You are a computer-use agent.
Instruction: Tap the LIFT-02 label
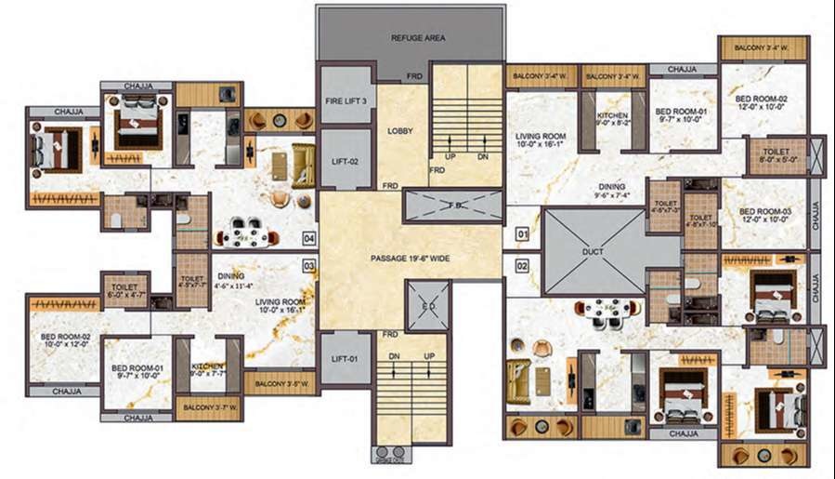coord(345,160)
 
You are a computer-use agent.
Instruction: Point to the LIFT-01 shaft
coord(345,358)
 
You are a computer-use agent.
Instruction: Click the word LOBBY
coord(400,131)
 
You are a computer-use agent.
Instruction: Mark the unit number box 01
coord(521,233)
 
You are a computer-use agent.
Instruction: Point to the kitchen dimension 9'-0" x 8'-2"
coord(612,122)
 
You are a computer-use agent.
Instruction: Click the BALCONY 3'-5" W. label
coord(278,382)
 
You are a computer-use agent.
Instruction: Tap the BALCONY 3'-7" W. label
coord(208,407)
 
